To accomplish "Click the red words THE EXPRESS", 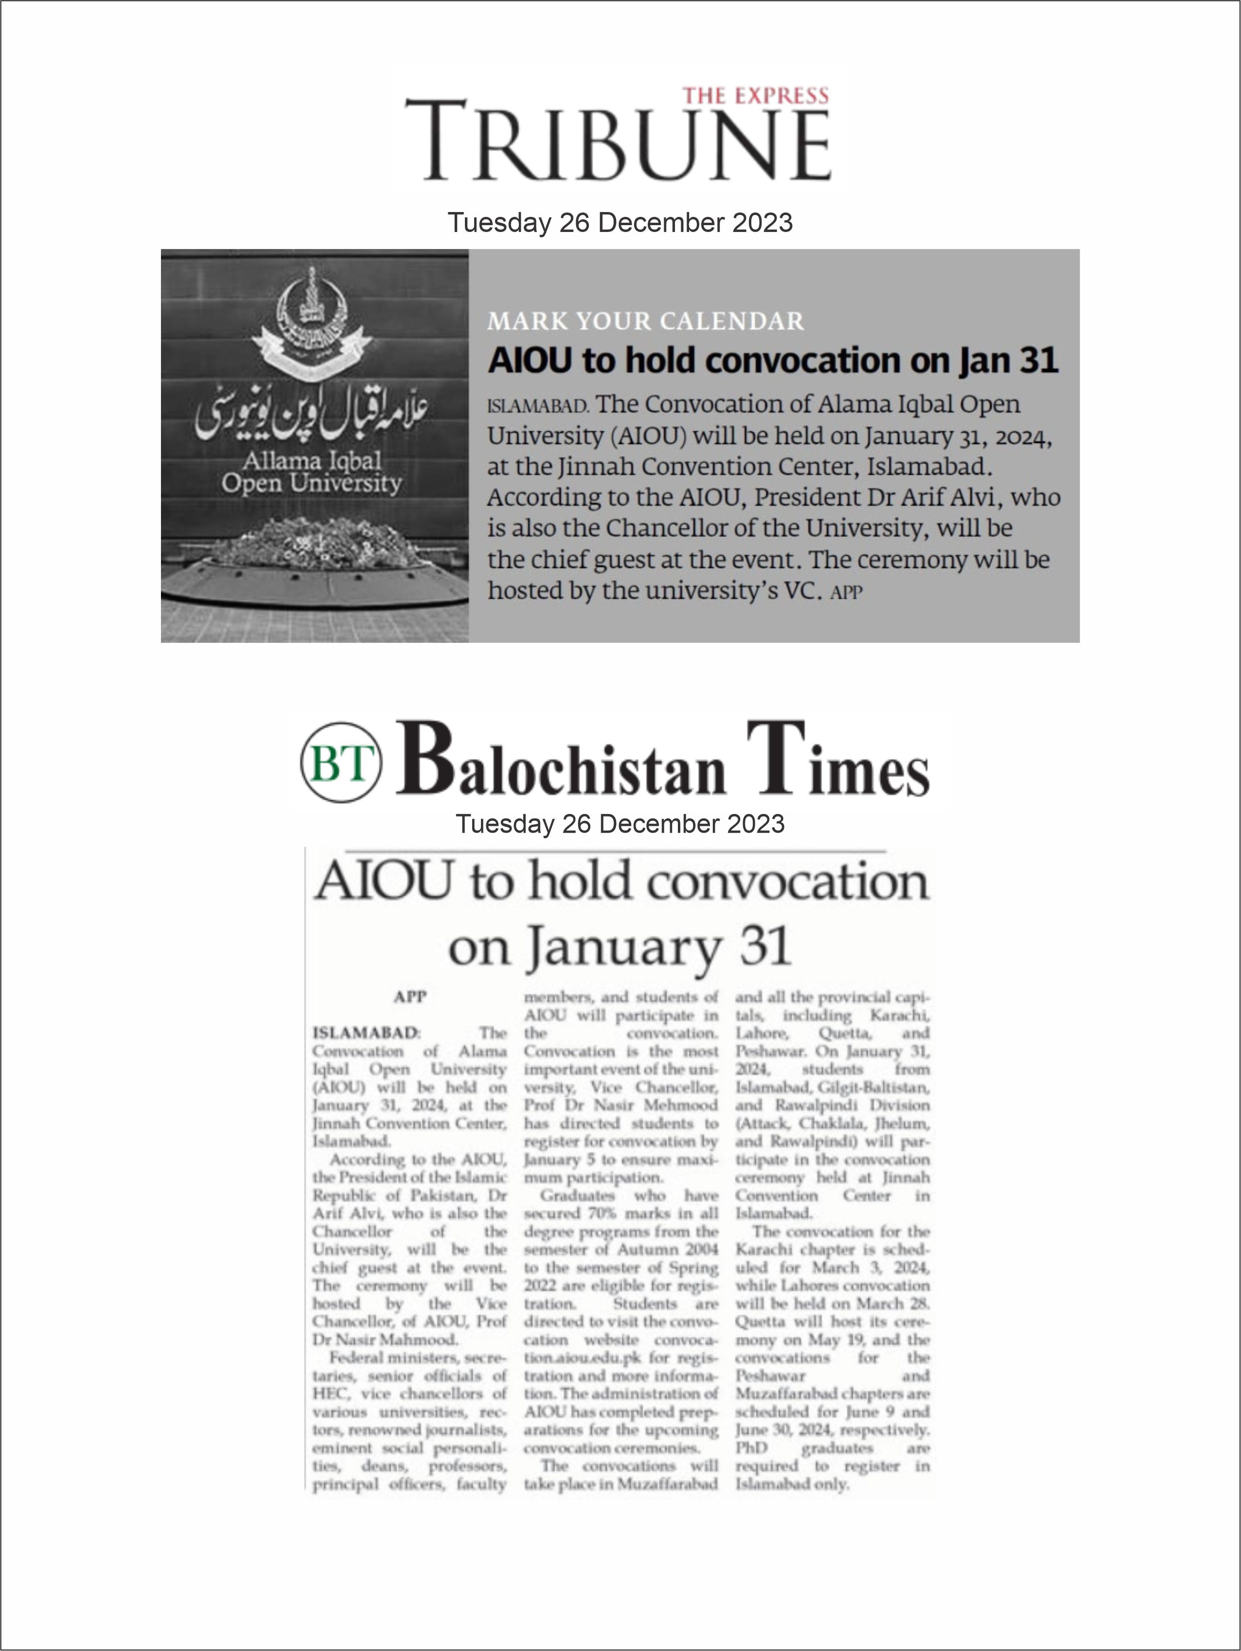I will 755,95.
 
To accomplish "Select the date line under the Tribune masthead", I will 620,222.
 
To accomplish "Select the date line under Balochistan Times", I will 620,823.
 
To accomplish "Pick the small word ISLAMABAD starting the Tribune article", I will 538,407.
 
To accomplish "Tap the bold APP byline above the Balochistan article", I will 409,996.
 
